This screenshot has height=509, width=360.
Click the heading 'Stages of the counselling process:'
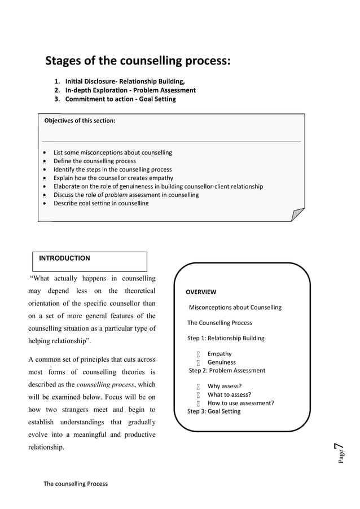[138, 61]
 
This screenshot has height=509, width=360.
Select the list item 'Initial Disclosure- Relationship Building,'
[125, 82]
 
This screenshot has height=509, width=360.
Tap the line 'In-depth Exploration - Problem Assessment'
[130, 90]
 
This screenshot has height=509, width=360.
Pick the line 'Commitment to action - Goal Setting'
[120, 99]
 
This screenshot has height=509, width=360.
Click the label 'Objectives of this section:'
[80, 120]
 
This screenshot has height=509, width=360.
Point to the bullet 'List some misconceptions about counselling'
[112, 152]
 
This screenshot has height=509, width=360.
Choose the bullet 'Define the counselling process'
[94, 161]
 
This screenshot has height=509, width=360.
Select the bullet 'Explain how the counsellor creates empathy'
[113, 178]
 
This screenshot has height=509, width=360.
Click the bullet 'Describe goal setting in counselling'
[101, 203]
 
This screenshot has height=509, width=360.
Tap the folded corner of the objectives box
[297, 215]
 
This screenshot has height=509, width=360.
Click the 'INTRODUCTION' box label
[64, 258]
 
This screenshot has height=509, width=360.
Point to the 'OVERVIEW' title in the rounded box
[201, 292]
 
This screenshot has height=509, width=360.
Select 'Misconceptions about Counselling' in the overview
[235, 308]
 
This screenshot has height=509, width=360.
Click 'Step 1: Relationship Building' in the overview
[226, 339]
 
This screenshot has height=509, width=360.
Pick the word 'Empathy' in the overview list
[219, 354]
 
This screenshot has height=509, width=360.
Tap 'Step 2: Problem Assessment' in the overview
[227, 370]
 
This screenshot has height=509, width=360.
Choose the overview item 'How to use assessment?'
[240, 403]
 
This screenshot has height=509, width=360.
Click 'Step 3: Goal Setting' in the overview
[214, 411]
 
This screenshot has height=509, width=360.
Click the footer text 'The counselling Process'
[76, 484]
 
